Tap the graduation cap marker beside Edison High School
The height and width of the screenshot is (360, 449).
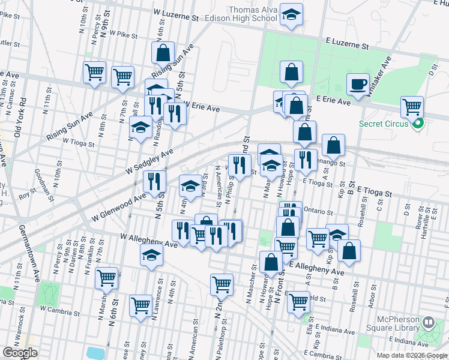[x=291, y=15]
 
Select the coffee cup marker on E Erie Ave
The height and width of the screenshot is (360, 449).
[x=358, y=84]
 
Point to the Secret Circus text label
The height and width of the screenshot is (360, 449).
[x=385, y=124]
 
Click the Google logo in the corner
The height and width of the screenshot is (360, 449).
[x=20, y=353]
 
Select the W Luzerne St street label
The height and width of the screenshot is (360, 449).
[x=176, y=13]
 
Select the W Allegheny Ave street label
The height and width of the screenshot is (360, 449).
[x=148, y=240]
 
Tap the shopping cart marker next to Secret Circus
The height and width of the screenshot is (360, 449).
[x=412, y=107]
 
